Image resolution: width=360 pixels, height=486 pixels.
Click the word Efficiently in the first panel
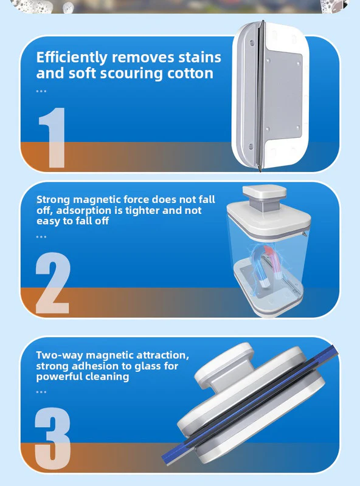tap(72, 58)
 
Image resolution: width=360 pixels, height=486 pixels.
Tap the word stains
tap(196, 58)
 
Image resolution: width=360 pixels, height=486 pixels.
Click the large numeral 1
tap(51, 137)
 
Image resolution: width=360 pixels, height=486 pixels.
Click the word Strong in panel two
tap(54, 199)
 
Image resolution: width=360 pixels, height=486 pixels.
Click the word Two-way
tap(60, 355)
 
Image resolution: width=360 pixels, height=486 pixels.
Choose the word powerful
tap(60, 377)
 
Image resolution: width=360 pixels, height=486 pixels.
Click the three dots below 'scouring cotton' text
tap(41, 91)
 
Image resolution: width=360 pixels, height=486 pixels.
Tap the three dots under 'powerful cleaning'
tap(41, 392)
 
